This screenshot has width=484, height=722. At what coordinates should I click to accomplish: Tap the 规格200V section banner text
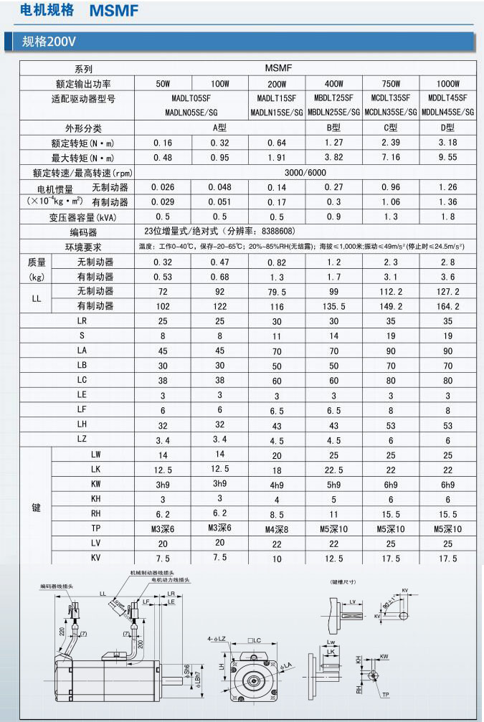point(49,42)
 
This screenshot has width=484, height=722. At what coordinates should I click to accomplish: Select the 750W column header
point(391,84)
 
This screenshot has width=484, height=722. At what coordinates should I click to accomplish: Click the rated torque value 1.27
point(333,143)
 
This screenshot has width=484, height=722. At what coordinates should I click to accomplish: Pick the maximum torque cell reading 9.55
point(447,158)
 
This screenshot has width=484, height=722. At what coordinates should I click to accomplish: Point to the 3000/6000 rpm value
point(304,173)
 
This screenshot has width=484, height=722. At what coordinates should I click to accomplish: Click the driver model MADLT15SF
point(276,98)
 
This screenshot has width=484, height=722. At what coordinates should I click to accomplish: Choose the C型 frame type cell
point(391,128)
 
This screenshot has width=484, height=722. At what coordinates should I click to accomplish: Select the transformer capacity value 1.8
point(447,217)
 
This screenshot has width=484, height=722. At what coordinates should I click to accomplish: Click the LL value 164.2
point(447,306)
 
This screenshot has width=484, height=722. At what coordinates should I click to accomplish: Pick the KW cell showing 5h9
point(333,484)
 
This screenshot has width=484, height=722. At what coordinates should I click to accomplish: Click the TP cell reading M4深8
point(276,529)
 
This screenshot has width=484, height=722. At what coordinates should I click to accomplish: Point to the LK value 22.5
point(333,469)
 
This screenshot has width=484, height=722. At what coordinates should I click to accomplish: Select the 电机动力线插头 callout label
point(170,579)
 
